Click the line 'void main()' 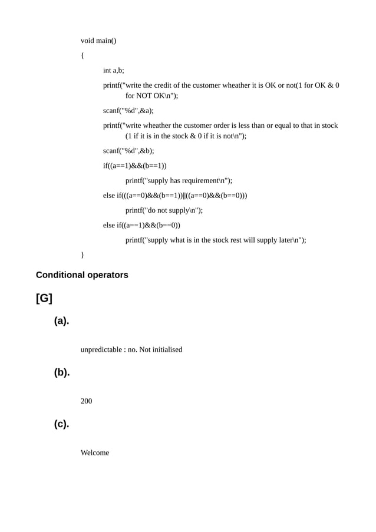(x=98, y=41)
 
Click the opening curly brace (x=83, y=56)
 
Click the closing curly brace (x=83, y=255)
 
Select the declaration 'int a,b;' (x=114, y=70)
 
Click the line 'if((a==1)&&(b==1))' (x=134, y=166)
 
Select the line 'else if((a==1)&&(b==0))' (x=141, y=225)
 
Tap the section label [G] (x=44, y=299)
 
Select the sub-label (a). (x=62, y=321)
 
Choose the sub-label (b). (x=62, y=372)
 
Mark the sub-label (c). (x=62, y=424)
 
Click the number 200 (x=86, y=401)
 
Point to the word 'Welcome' (x=95, y=452)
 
